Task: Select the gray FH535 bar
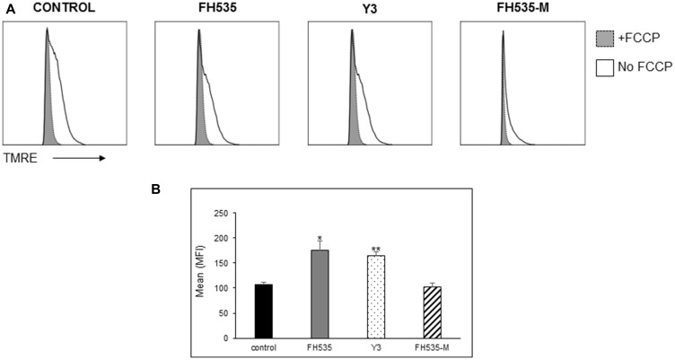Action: [x=320, y=294]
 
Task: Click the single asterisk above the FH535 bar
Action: [x=320, y=238]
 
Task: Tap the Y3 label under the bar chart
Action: [x=376, y=346]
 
